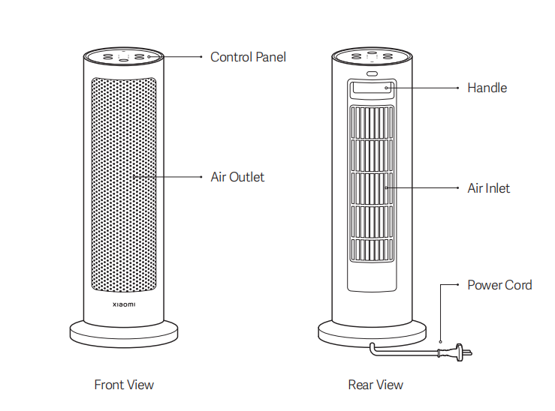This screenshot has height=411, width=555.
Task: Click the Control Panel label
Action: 248,57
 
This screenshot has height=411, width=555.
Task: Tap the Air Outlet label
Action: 237,177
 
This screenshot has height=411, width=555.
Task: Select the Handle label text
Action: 487,88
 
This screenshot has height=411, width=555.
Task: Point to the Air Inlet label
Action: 488,187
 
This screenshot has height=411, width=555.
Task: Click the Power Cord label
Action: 499,285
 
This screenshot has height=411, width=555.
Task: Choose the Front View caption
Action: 124,385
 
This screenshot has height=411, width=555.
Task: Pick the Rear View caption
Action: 376,385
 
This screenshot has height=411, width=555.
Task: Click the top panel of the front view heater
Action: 124,56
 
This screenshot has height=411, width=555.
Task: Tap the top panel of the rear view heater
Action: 373,56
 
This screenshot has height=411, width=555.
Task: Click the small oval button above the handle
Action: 373,73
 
